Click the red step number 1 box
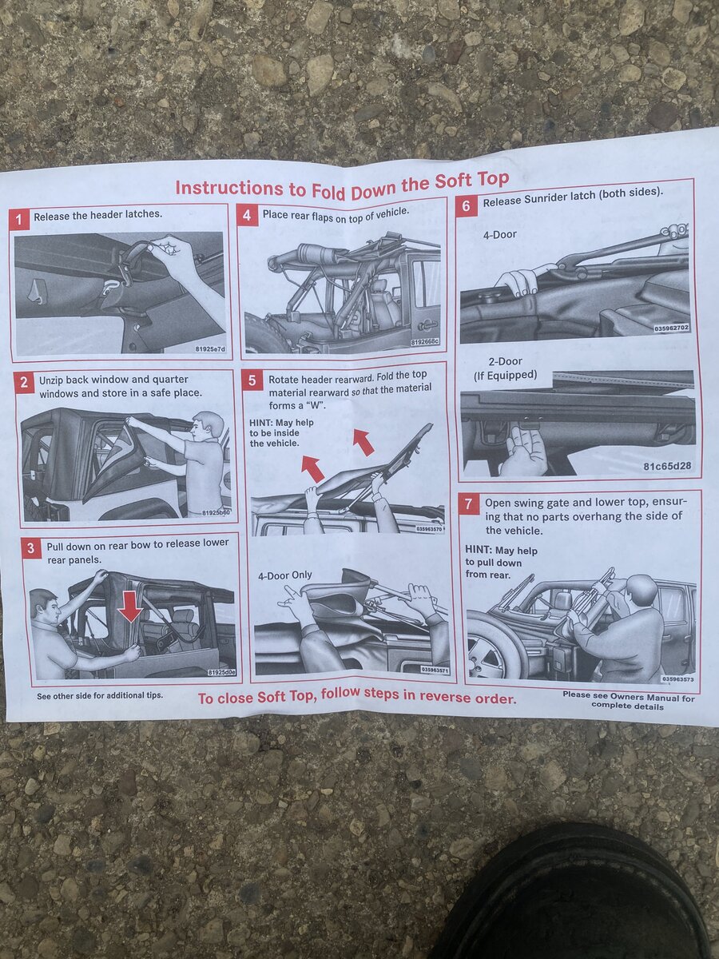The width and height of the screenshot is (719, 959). coord(19,219)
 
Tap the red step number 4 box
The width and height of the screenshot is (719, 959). coord(247,216)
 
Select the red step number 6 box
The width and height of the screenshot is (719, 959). coord(467,205)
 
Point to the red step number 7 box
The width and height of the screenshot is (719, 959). coord(468,504)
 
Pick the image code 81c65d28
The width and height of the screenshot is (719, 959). coord(668,466)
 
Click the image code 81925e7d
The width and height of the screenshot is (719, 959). coord(210,348)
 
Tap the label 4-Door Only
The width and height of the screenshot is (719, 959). coord(284,575)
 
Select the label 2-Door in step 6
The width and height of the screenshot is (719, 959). coord(505,362)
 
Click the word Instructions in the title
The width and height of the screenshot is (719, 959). coord(228,188)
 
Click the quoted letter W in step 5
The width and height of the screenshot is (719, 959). coord(313,404)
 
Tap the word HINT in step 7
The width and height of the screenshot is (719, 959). coord(479,549)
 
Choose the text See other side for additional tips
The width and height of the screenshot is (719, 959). coord(100,695)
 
